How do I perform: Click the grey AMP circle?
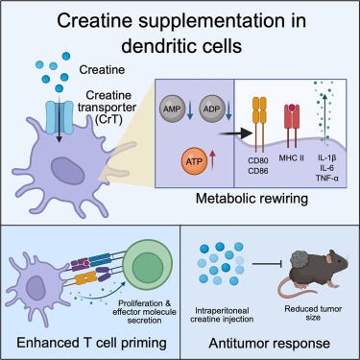click(172, 108)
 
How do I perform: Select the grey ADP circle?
click(212, 108)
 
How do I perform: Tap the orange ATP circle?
click(194, 161)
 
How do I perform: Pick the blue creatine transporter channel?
click(60, 117)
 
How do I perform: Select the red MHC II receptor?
click(292, 126)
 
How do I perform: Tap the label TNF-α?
click(326, 178)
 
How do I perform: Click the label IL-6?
click(326, 168)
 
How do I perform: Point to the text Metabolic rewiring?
click(252, 199)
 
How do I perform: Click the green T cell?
click(147, 267)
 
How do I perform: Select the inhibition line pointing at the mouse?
click(267, 264)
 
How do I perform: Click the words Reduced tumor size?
click(313, 313)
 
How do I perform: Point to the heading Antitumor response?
click(270, 344)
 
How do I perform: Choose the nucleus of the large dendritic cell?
click(67, 171)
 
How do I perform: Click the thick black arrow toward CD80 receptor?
click(236, 133)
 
